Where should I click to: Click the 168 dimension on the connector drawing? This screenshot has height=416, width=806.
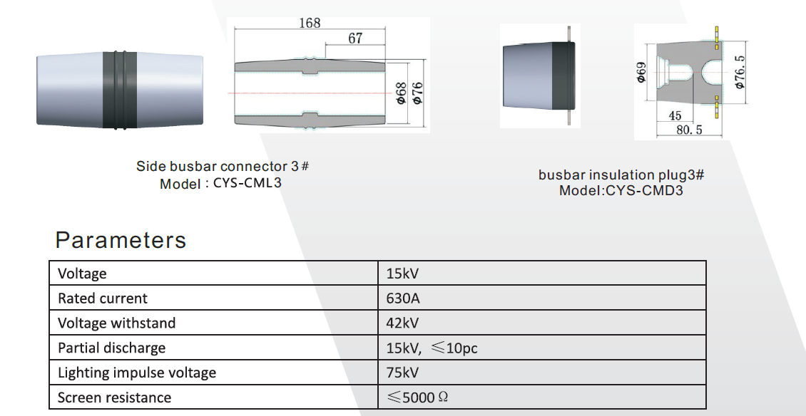click(x=309, y=23)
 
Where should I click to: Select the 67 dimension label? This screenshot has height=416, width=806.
click(x=355, y=38)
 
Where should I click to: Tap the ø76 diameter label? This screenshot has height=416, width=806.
click(x=417, y=93)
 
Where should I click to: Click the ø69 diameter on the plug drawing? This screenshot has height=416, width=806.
click(x=641, y=73)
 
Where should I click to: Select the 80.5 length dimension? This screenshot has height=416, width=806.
click(x=689, y=130)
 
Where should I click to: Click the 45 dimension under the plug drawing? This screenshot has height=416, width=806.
click(x=675, y=115)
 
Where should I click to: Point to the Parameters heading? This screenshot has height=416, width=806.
click(x=121, y=240)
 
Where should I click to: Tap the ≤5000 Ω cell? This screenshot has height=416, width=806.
click(x=417, y=397)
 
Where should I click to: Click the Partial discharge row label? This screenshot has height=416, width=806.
click(x=111, y=348)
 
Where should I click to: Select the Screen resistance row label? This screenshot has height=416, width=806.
click(x=114, y=397)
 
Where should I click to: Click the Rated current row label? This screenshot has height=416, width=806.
click(x=103, y=298)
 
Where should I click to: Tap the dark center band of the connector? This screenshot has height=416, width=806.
click(x=120, y=89)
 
